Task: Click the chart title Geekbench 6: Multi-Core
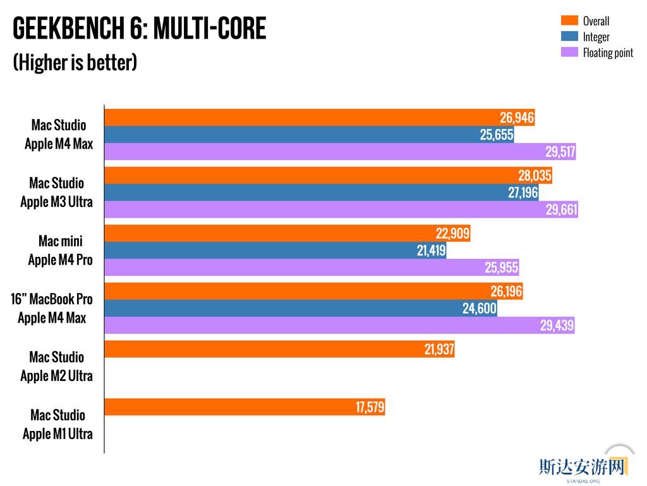click(140, 28)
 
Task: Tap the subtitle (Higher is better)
click(75, 63)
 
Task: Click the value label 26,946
click(517, 118)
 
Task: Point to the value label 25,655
click(496, 135)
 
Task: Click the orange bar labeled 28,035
click(328, 175)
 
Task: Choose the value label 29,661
click(561, 210)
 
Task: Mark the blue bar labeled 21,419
click(275, 251)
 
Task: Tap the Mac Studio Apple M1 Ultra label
click(57, 425)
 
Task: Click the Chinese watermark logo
click(582, 467)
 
